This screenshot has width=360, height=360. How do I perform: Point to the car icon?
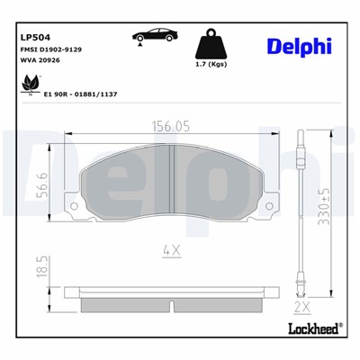[155, 36]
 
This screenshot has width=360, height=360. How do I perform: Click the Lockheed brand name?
[311, 328]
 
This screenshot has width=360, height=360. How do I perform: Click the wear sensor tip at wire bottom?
[307, 289]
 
